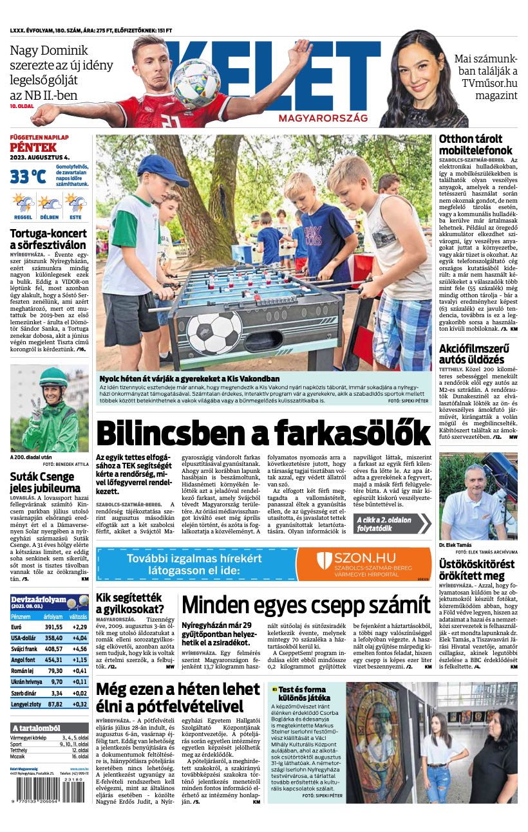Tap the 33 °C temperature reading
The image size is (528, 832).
(x=28, y=176)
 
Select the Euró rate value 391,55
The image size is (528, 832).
(x=53, y=627)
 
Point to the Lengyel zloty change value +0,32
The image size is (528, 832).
(x=80, y=704)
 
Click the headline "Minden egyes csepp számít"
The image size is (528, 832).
(x=306, y=606)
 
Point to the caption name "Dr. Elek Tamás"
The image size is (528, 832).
(x=455, y=544)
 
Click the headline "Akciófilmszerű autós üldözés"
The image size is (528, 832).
(x=471, y=353)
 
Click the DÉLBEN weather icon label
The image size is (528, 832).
(x=50, y=217)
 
